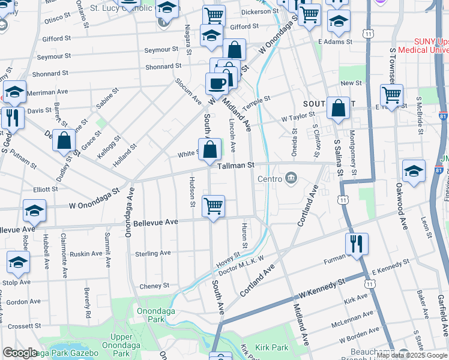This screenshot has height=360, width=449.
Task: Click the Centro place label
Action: coord(270,179)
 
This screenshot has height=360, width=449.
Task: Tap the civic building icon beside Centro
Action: coord(292,178)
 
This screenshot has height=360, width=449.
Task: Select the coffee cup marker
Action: coord(217,83)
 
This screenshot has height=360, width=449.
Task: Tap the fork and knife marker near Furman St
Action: coord(356,244)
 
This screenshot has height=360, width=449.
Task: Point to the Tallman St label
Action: coord(237,164)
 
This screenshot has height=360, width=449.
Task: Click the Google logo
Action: coord(20,353)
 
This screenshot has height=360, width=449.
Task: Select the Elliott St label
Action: coord(46,189)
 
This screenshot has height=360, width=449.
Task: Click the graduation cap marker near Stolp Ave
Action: coord(18,262)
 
